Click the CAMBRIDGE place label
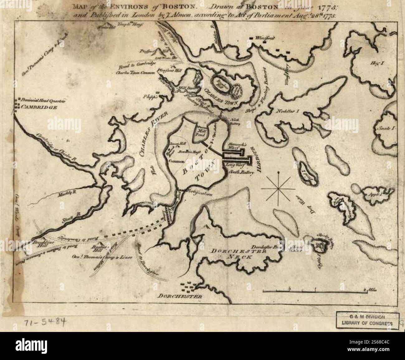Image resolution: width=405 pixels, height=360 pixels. [39, 108]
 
